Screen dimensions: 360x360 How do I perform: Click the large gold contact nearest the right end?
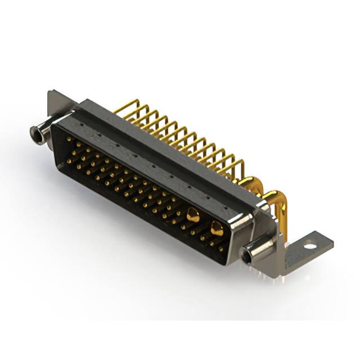point(216,228)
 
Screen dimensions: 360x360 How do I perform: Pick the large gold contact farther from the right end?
point(193,214)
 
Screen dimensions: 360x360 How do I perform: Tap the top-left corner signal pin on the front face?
point(69,138)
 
